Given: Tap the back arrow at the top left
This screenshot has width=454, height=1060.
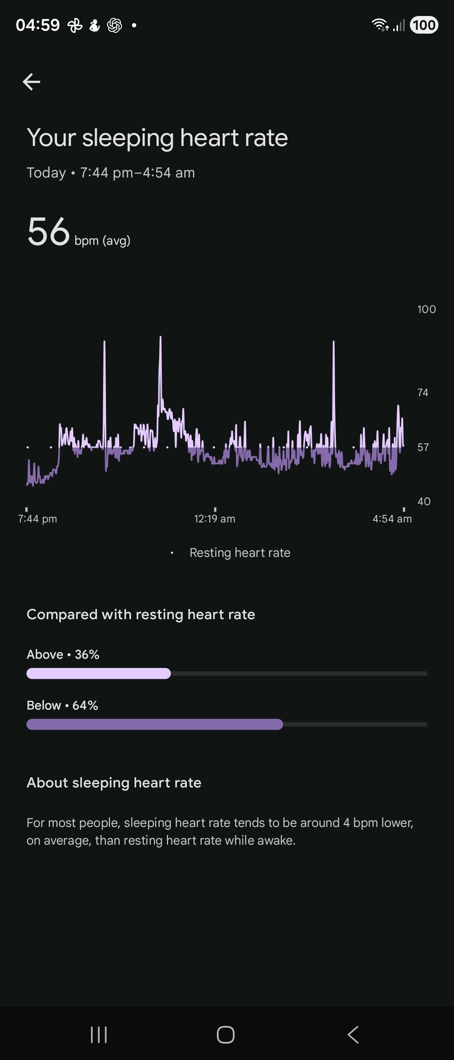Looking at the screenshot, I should click(x=32, y=82).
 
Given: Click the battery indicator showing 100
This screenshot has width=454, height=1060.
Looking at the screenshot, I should click(x=424, y=25).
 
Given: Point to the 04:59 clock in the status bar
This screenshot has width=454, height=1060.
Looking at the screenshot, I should click(x=38, y=25).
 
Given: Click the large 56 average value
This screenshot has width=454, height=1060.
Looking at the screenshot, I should click(x=48, y=232).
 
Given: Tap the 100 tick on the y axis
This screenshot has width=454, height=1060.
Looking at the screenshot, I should click(x=426, y=310).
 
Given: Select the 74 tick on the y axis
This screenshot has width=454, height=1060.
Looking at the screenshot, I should click(x=422, y=393).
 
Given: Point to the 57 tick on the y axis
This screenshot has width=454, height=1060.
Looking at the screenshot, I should click(x=423, y=447).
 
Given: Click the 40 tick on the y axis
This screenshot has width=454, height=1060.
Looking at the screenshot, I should click(x=424, y=501).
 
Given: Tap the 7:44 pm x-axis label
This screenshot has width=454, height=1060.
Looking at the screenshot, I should click(x=37, y=519).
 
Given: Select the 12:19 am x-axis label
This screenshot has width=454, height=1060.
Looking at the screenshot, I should click(x=214, y=519).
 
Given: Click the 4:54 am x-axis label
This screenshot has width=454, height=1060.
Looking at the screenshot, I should click(x=392, y=519).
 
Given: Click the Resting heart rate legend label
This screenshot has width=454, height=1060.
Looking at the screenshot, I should click(x=240, y=553).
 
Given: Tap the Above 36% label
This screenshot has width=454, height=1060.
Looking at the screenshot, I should click(x=63, y=655).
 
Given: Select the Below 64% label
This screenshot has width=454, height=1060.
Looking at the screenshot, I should click(x=62, y=705).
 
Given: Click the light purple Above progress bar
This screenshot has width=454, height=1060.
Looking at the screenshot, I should click(x=98, y=673).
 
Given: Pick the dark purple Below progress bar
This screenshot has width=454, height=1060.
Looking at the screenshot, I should click(x=155, y=724).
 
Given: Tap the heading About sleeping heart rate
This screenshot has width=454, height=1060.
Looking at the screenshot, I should click(x=114, y=783).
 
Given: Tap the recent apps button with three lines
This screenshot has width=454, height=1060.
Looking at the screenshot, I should click(x=99, y=1034).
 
